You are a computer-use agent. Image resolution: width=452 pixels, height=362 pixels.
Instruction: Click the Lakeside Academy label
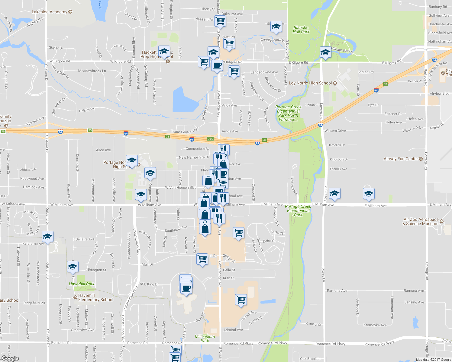pyautogui.click(x=50, y=12)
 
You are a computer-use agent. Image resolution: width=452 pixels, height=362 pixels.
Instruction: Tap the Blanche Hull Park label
pyautogui.click(x=301, y=30)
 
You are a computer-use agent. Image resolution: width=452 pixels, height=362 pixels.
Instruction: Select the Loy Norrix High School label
pyautogui.click(x=310, y=83)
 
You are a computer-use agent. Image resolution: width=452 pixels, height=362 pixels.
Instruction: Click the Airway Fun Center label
pyautogui.click(x=401, y=159)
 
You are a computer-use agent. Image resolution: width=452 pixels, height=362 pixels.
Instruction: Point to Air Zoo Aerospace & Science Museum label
pyautogui.click(x=421, y=221)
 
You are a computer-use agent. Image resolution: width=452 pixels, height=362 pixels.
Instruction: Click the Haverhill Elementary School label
pyautogui.click(x=95, y=297)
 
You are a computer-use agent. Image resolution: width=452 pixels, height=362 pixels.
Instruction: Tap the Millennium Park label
pyautogui.click(x=205, y=338)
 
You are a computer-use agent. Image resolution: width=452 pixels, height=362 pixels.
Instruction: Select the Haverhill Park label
pyautogui.click(x=82, y=284)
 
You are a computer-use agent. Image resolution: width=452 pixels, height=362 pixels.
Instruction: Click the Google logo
pyautogui.click(x=10, y=358)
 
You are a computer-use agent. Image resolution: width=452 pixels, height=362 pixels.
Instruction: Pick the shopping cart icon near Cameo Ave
pyautogui.click(x=241, y=300)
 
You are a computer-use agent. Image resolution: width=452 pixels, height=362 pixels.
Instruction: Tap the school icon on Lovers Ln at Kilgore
pyautogui.click(x=325, y=52)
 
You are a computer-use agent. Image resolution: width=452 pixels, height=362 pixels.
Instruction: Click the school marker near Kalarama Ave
pyautogui.click(x=47, y=237)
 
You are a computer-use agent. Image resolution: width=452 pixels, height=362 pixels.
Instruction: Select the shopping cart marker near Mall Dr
pyautogui.click(x=202, y=259)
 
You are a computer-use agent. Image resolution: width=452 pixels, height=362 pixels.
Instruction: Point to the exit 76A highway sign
pyautogui.click(x=210, y=139)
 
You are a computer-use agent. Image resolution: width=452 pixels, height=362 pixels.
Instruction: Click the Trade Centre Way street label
pyautogui.click(x=185, y=131)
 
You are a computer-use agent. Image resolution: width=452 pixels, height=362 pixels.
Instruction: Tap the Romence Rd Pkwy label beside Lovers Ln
pyautogui.click(x=330, y=344)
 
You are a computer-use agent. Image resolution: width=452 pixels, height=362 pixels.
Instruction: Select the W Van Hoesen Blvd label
pyautogui.click(x=181, y=188)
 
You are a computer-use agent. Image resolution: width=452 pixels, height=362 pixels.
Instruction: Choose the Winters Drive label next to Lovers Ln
pyautogui.click(x=335, y=131)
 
